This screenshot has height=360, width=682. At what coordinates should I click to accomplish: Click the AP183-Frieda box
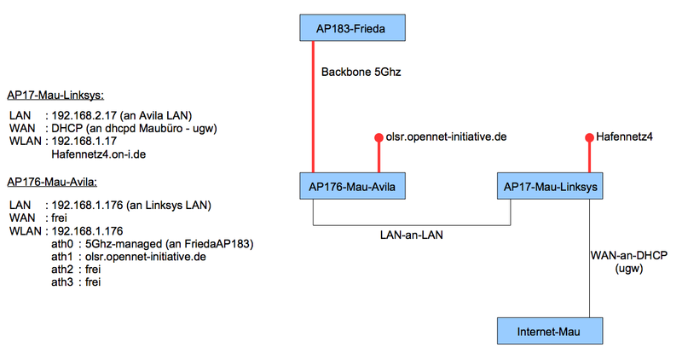coord(352,28)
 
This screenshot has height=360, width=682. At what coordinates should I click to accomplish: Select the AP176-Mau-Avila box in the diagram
coord(352,186)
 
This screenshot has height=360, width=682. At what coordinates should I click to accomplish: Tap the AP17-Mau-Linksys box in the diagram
coord(550,186)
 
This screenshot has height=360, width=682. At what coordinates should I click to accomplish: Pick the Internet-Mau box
coord(550,331)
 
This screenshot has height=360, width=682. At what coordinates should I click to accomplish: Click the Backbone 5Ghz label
coord(361,72)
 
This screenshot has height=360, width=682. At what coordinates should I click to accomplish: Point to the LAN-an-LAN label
coord(412,235)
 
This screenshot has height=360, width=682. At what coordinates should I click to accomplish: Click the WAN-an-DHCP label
coord(629,256)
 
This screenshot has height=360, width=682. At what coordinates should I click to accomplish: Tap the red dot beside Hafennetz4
coord(589,137)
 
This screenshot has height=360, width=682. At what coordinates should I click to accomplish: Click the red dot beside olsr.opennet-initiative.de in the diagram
coord(379,137)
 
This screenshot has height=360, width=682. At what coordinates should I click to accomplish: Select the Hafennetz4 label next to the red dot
coord(624,137)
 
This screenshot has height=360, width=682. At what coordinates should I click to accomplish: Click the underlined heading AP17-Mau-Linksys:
coord(55,96)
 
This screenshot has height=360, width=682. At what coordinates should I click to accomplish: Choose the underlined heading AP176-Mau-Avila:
coord(52,182)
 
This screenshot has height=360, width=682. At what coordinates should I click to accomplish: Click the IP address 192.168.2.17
coord(84,116)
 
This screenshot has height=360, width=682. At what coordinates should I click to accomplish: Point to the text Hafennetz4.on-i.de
coord(99,154)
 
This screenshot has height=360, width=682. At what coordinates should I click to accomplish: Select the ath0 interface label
coord(62,244)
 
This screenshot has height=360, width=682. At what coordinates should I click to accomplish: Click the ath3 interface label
coord(62,282)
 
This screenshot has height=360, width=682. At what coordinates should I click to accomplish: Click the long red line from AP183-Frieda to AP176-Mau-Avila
coord(313,107)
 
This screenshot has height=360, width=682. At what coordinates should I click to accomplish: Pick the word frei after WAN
coord(59,218)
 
